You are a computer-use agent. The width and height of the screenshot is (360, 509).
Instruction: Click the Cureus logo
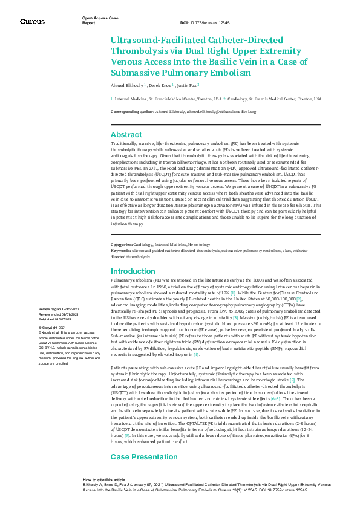[31, 22]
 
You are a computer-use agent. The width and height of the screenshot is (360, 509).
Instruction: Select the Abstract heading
[126, 135]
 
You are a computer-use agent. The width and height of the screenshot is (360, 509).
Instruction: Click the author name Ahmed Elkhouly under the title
[126, 86]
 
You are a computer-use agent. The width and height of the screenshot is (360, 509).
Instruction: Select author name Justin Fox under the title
[185, 86]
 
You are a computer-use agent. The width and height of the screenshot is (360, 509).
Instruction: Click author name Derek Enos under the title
[159, 86]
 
